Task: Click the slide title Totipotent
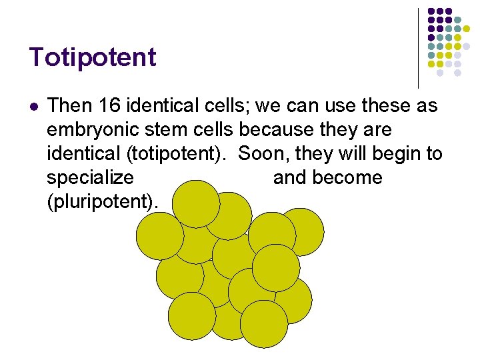point(92,57)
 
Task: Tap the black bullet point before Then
point(34,105)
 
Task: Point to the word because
point(282,129)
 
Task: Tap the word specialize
point(90,178)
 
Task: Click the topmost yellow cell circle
point(196,204)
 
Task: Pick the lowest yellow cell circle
point(263,324)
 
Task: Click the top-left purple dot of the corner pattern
point(431,12)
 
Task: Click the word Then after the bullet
point(70,105)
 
